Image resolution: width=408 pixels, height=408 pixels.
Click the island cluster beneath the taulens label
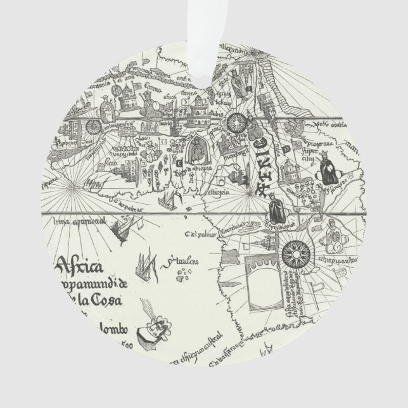click(x=186, y=273)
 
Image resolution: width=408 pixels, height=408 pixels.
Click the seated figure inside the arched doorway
click(x=196, y=148)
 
